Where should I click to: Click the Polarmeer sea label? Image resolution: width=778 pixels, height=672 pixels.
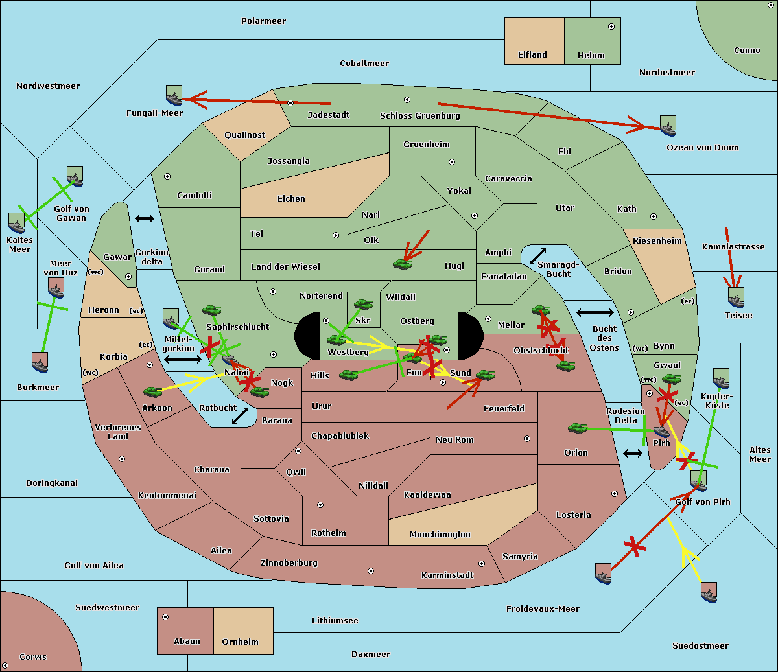tap(263, 21)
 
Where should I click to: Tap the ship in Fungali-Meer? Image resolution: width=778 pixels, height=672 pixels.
tap(174, 95)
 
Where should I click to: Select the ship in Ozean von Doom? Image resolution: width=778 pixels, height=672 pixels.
tap(668, 126)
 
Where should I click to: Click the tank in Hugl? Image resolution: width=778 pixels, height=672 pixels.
tap(403, 264)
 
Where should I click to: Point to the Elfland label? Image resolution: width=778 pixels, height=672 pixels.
tap(532, 55)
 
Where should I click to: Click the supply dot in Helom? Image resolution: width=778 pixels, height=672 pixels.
tap(611, 27)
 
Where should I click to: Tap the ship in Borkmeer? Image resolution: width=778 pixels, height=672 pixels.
tap(40, 362)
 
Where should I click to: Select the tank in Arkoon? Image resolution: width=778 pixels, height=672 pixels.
tap(153, 391)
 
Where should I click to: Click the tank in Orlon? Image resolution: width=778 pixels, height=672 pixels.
tap(578, 428)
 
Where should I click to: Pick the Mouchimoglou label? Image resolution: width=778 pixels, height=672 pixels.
tap(440, 534)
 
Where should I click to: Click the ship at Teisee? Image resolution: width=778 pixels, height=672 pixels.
tap(736, 297)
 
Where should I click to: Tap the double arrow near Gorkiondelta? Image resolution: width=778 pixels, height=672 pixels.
tap(145, 218)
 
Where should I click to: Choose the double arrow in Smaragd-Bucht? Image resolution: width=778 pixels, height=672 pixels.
tap(537, 256)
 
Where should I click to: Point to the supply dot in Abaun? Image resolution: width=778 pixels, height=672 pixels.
tap(165, 617)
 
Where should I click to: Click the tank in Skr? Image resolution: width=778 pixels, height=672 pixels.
tap(363, 304)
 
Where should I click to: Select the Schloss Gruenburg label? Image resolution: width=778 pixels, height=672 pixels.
tap(420, 115)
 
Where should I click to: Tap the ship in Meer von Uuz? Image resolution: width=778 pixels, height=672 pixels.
tap(56, 288)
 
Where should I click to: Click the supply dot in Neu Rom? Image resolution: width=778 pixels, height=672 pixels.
tap(527, 439)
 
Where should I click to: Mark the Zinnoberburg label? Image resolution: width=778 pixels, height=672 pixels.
tap(289, 563)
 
